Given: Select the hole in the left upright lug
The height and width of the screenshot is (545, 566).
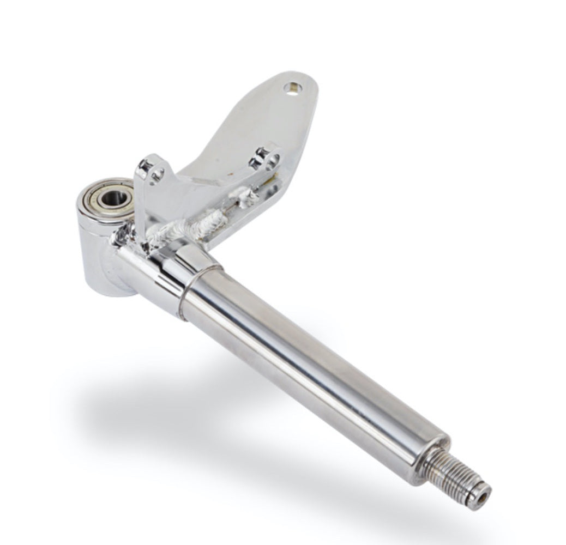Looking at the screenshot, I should [x=158, y=174].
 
